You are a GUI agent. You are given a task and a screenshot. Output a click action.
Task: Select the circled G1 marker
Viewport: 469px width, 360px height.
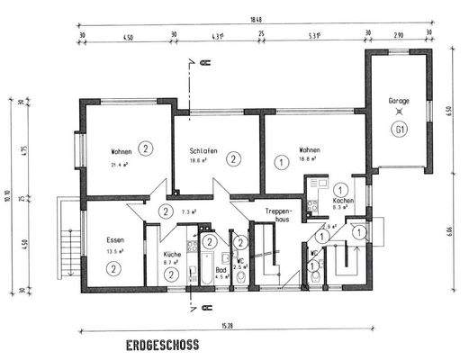[399, 129]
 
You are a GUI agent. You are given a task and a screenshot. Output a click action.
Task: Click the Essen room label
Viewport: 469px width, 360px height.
[114, 241]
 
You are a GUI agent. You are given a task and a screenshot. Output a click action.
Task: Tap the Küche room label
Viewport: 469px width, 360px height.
[174, 255]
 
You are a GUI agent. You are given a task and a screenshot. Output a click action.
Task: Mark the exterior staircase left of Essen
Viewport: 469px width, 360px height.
[67, 245]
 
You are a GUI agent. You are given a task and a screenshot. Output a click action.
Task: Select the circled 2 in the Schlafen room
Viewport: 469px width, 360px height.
[234, 158]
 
